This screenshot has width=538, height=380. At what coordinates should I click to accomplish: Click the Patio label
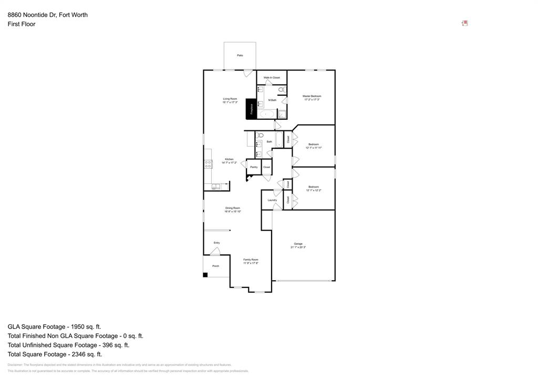240,55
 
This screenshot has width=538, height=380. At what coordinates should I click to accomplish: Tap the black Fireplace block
251,109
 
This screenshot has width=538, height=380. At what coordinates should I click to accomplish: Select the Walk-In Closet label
272,77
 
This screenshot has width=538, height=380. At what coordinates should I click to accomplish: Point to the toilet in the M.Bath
282,90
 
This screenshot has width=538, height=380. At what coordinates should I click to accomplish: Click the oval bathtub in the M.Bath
266,114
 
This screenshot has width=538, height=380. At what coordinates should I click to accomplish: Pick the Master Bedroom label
312,96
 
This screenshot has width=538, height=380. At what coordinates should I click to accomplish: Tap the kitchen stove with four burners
208,165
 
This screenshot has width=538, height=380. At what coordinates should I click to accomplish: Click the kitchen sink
216,186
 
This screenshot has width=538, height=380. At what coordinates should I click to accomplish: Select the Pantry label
254,167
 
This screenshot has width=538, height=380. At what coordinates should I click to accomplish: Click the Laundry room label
272,200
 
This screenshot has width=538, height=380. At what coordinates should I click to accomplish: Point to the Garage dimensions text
298,247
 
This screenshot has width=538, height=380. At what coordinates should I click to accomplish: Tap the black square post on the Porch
205,274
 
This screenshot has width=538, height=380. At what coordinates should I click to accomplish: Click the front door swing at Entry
215,251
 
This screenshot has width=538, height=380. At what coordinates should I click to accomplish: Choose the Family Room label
251,260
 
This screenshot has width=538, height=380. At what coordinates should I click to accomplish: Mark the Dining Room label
233,208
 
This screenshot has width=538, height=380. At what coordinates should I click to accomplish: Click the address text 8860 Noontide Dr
47,15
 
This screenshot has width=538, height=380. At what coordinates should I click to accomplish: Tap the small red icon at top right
464,23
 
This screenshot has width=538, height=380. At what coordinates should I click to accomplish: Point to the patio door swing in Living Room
248,73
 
